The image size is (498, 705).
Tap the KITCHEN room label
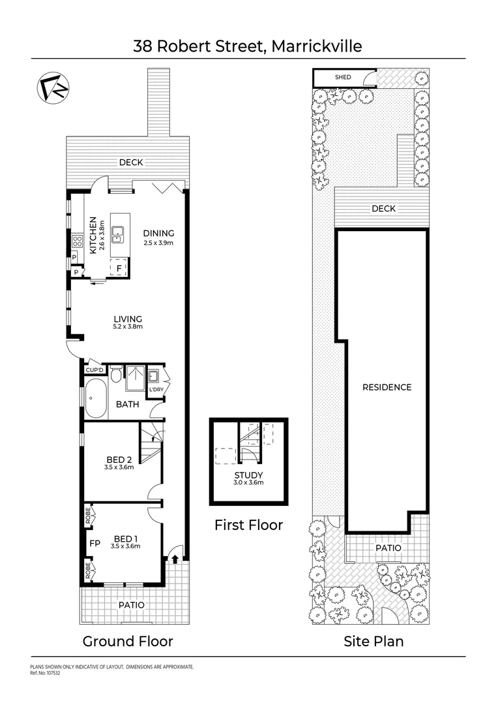click(93, 235)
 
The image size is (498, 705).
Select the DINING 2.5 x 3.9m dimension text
click(159, 243)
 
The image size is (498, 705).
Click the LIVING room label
click(127, 319)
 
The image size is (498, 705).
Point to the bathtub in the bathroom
click(96, 398)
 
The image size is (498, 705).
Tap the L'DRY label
click(156, 390)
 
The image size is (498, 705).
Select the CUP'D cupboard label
click(95, 370)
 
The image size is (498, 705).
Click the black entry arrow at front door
click(175, 557)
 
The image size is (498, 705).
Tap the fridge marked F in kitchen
click(119, 268)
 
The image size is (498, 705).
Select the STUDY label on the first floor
click(248, 475)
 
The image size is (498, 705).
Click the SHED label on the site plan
click(343, 78)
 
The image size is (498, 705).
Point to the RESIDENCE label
click(387, 387)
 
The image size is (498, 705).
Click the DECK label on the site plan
click(383, 209)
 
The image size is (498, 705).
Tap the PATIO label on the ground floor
click(131, 605)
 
